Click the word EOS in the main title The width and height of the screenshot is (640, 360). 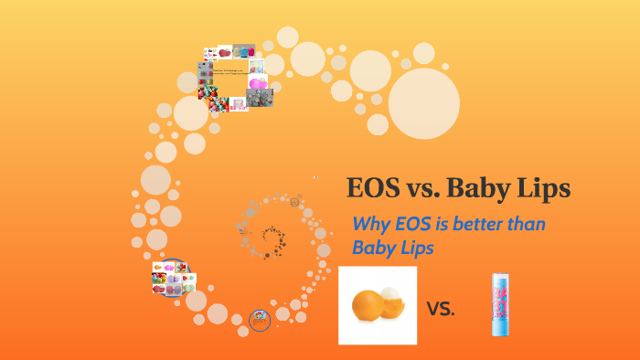tap(375, 188)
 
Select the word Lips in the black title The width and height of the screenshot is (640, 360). tap(546, 188)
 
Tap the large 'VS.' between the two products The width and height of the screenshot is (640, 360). tap(441, 308)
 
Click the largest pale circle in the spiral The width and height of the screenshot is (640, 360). tap(423, 103)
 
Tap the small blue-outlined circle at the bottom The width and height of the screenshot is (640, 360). tap(261, 320)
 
